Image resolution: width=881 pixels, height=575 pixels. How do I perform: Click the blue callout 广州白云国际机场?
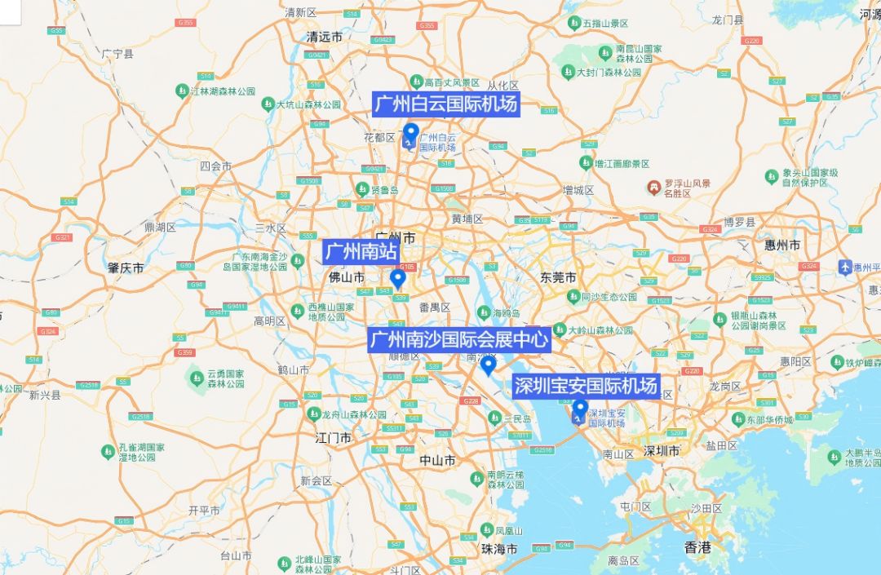pyautogui.click(x=445, y=104)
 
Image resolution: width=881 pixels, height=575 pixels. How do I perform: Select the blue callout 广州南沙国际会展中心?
pyautogui.click(x=458, y=339)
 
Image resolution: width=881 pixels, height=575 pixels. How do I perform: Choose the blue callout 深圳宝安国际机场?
pyautogui.click(x=585, y=386)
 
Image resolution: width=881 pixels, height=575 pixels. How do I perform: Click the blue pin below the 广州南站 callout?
pyautogui.click(x=397, y=279)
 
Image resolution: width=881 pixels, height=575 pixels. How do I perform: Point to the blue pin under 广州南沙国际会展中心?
pyautogui.click(x=488, y=365)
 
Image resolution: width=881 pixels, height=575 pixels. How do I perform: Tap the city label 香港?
pyautogui.click(x=697, y=547)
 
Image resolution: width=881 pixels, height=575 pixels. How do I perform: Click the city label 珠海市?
pyautogui.click(x=500, y=549)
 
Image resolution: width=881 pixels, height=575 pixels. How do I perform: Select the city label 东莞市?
pyautogui.click(x=558, y=277)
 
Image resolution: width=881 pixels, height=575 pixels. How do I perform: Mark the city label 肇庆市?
pyautogui.click(x=126, y=268)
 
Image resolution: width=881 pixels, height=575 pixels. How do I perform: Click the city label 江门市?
pyautogui.click(x=333, y=438)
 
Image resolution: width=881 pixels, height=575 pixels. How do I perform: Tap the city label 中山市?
pyautogui.click(x=437, y=460)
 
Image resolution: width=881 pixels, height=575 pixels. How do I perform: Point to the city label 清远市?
pyautogui.click(x=324, y=37)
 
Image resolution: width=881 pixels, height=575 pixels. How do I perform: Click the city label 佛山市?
pyautogui.click(x=346, y=277)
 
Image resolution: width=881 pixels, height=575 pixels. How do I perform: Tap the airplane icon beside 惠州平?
pyautogui.click(x=845, y=267)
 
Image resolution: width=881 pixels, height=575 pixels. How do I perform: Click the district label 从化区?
pyautogui.click(x=502, y=86)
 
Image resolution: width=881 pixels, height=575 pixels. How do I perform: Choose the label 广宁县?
pyautogui.click(x=117, y=54)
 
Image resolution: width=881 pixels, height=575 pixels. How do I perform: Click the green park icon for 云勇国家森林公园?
pyautogui.click(x=196, y=377)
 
